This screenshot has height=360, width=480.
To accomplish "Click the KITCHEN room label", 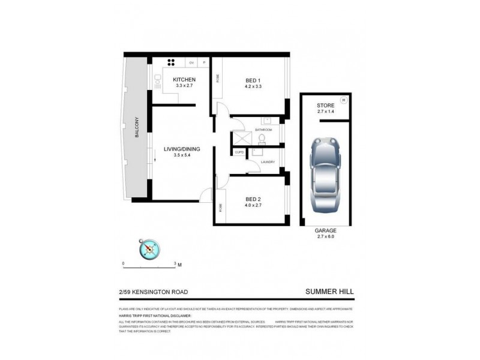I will click(x=184, y=80).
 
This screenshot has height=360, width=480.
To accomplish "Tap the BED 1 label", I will click(x=253, y=80).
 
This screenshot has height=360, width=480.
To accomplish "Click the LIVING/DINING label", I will click(x=182, y=149).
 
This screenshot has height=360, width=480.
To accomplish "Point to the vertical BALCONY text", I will click(x=137, y=127).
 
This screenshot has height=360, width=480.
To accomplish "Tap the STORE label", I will click(x=326, y=106).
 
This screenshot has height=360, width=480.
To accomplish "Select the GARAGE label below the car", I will click(x=326, y=230).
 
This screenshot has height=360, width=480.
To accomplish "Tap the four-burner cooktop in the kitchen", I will click(x=170, y=62).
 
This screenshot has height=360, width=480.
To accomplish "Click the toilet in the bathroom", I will click(x=262, y=139).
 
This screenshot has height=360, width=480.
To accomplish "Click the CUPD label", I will click(x=238, y=152).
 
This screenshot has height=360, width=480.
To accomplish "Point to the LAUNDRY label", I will click(x=268, y=161).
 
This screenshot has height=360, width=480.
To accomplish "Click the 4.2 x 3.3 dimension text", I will click(x=253, y=86).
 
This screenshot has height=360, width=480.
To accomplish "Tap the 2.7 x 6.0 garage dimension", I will click(x=326, y=237).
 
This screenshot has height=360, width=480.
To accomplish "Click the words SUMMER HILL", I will click(x=329, y=292).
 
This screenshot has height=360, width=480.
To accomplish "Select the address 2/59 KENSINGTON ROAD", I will click(x=153, y=292).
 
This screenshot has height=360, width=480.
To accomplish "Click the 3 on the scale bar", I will click(x=175, y=263).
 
